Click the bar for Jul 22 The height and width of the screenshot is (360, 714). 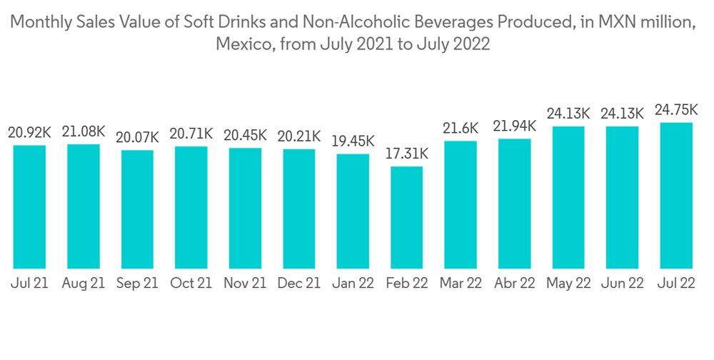coord(676,195)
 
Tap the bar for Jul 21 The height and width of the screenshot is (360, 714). coord(29,206)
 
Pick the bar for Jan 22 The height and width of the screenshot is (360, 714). coord(353,211)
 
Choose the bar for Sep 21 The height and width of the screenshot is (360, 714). coord(137,209)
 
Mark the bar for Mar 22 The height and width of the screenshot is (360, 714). coord(461,204)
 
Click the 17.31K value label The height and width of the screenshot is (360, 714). coord(407,154)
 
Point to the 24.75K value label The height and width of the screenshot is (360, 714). coord(676,109)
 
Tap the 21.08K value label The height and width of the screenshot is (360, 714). coord(83,131)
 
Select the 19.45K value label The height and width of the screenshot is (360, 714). coord(353,141)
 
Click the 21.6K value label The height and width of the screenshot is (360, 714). coord(461,128)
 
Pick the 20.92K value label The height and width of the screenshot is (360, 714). coord(29,132)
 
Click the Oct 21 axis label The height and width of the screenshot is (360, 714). coord(191,284)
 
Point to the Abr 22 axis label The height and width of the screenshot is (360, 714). coord(514,284)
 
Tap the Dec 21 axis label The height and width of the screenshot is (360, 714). coord(298,284)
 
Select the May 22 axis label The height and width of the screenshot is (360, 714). coord(568,284)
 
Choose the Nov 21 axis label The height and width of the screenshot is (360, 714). coord(245,284)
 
